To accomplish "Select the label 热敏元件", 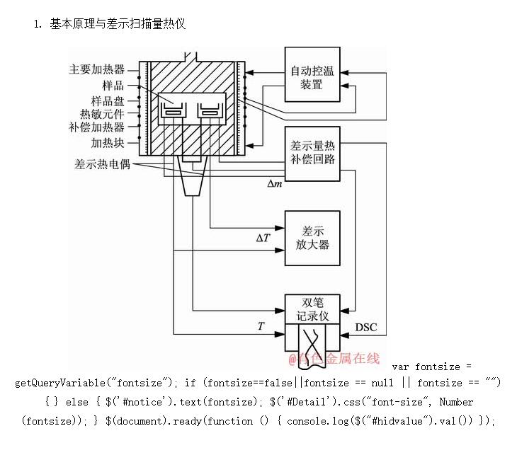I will point(102,114).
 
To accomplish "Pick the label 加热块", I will point(108,142).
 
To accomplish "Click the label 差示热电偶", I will point(102,163).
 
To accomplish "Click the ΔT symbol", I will point(263,238).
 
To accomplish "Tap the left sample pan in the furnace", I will point(172,110).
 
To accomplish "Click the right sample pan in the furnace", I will point(209,110).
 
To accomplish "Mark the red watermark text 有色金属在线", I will point(334,359).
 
